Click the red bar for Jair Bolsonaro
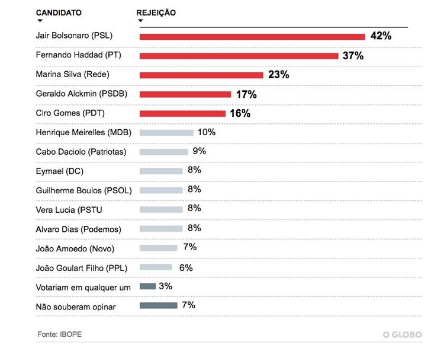pos(252,37)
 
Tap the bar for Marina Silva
pos(201,75)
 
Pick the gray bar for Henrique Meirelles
pos(166,133)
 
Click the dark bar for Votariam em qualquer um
pos(147,286)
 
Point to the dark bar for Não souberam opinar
pos(158,305)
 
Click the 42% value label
pos(381,36)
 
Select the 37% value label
pos(353,56)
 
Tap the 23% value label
pos(278,75)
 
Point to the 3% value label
pos(166,286)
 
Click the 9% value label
pos(199,151)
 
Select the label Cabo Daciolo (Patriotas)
pos(81,152)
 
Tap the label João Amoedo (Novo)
pos(75,248)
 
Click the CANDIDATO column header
pos(59,12)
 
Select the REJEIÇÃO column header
pos(156,12)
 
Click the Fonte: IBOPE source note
pos(59,334)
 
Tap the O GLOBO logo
pos(402,335)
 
